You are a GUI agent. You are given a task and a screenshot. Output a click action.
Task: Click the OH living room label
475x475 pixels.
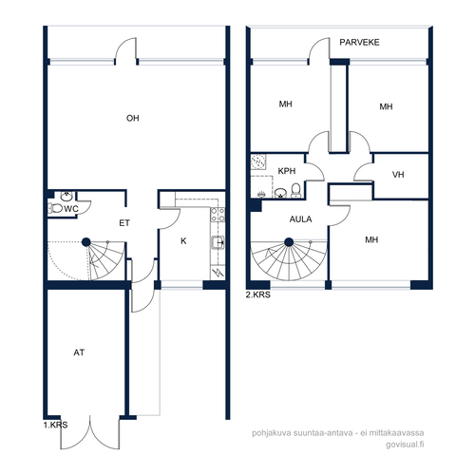click(x=133, y=118)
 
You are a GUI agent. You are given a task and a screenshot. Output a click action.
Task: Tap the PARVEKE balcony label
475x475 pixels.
click(x=359, y=43)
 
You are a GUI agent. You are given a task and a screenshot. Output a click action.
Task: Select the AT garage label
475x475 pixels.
click(x=79, y=352)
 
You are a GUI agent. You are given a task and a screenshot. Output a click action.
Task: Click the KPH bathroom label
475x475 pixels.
click(x=287, y=171)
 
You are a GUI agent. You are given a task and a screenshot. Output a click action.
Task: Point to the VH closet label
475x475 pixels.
click(x=398, y=175)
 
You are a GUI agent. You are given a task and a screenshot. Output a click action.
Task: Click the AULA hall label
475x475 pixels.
click(x=300, y=219)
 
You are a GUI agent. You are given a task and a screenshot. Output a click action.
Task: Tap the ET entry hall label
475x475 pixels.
click(x=124, y=223)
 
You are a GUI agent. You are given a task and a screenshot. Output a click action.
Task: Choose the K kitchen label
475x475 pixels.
click(x=183, y=241)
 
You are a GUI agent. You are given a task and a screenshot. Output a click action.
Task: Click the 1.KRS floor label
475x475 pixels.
click(x=55, y=425)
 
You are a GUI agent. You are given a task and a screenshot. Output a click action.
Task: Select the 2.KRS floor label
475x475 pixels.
click(x=258, y=294)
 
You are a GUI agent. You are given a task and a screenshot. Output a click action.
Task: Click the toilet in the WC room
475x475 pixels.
click(x=55, y=208)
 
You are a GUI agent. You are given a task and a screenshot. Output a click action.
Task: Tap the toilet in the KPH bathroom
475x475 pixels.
click(x=296, y=191)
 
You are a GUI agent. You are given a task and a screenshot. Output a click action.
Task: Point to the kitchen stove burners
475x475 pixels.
click(x=218, y=215)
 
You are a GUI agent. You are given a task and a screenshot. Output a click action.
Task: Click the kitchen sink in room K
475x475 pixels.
click(x=218, y=243)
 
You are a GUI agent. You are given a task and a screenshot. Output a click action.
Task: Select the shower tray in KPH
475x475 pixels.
click(x=258, y=161)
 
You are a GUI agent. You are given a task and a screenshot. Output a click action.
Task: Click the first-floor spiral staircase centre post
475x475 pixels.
click(x=86, y=242)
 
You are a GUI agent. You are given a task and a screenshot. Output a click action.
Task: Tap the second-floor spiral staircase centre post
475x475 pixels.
click(x=289, y=242)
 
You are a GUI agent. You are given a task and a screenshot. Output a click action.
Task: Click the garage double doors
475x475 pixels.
click(x=90, y=432)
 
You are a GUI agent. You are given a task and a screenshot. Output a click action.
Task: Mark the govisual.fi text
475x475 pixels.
click(x=405, y=445)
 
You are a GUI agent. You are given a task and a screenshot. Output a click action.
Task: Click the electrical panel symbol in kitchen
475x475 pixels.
click(x=218, y=273)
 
